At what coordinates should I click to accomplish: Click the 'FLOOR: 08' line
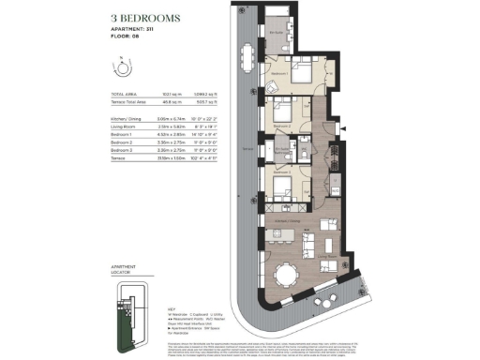[126, 40]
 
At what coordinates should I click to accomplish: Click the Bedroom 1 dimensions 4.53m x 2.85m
[167, 134]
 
